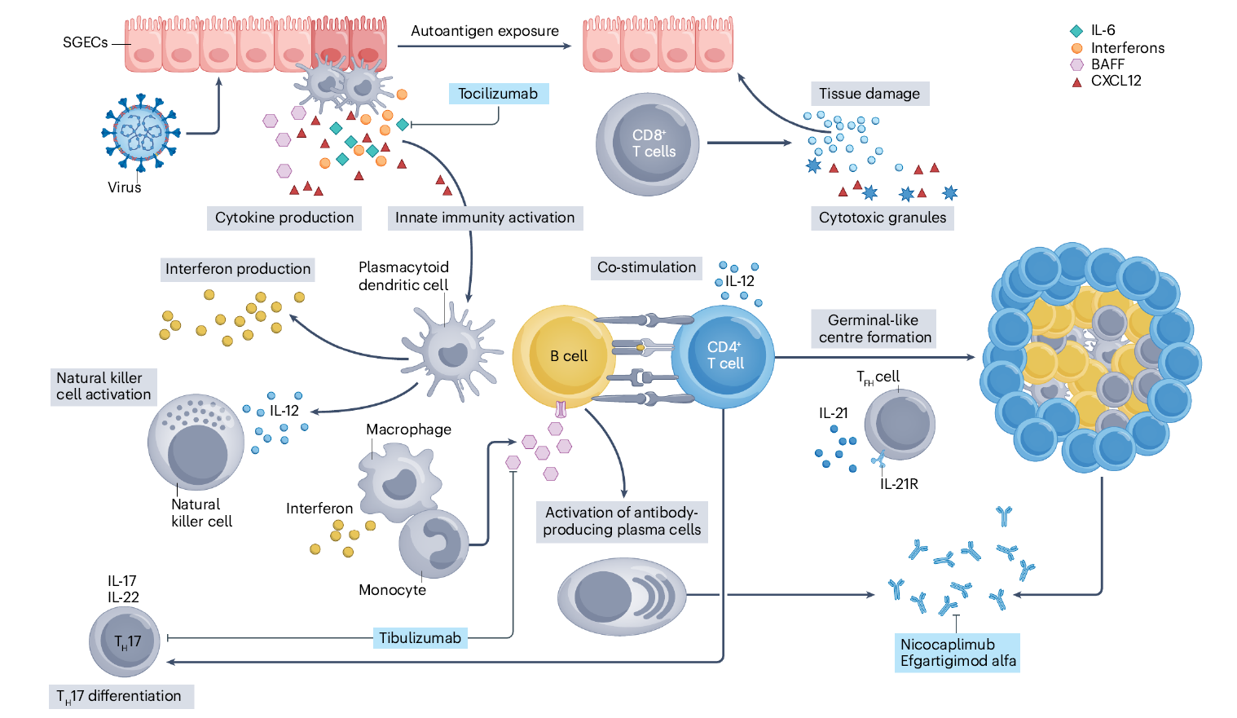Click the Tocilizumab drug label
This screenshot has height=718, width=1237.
pyautogui.click(x=498, y=94)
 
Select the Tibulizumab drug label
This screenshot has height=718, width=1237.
pyautogui.click(x=420, y=638)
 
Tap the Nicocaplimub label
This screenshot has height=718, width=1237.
pyautogui.click(x=947, y=644)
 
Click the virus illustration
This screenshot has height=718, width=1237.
pyautogui.click(x=142, y=133)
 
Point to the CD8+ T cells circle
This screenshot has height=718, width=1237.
pyautogui.click(x=648, y=144)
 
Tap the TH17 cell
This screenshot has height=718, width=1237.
pyautogui.click(x=125, y=641)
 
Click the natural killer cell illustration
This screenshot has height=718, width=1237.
pyautogui.click(x=196, y=443)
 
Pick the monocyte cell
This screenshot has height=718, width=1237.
pyautogui.click(x=434, y=544)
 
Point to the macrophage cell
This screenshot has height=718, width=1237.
pyautogui.click(x=398, y=481)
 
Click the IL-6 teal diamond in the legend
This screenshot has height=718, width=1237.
pyautogui.click(x=1076, y=31)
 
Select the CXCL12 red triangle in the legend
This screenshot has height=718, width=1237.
pyautogui.click(x=1076, y=81)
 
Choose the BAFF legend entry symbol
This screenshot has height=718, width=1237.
pyautogui.click(x=1076, y=64)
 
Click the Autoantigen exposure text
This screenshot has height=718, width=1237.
pyautogui.click(x=485, y=31)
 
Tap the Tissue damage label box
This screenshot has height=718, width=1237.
pyautogui.click(x=869, y=94)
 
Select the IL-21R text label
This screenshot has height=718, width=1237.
pyautogui.click(x=899, y=484)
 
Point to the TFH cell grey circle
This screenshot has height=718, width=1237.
pyautogui.click(x=900, y=425)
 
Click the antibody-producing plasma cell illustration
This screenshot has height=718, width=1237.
pyautogui.click(x=622, y=597)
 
